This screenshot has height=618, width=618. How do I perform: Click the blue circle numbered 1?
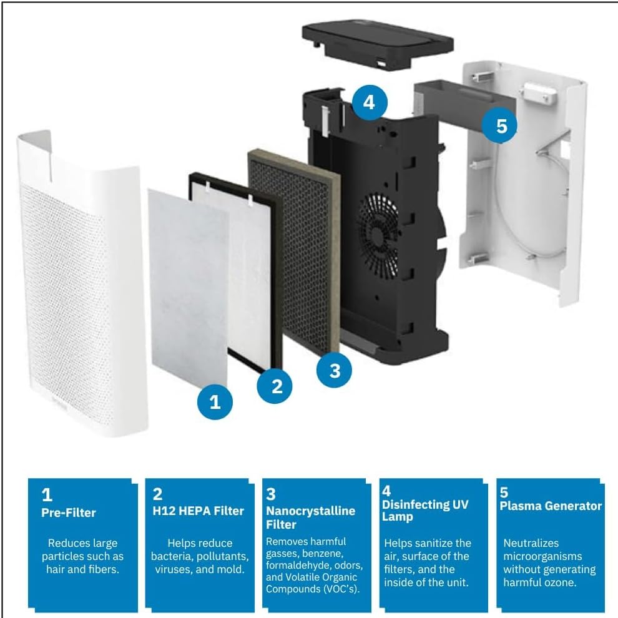215,401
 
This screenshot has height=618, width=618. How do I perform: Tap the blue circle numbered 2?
277,386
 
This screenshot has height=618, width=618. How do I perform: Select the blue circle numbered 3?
335,370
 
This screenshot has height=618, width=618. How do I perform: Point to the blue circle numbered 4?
369,101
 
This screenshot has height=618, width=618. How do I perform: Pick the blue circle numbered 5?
502,125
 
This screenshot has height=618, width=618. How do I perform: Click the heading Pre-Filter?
69,513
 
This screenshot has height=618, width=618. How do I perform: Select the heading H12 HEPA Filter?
198,511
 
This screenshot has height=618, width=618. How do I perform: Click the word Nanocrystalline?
310,511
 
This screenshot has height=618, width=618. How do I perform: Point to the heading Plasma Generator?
550,506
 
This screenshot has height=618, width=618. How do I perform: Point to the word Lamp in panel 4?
396,517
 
